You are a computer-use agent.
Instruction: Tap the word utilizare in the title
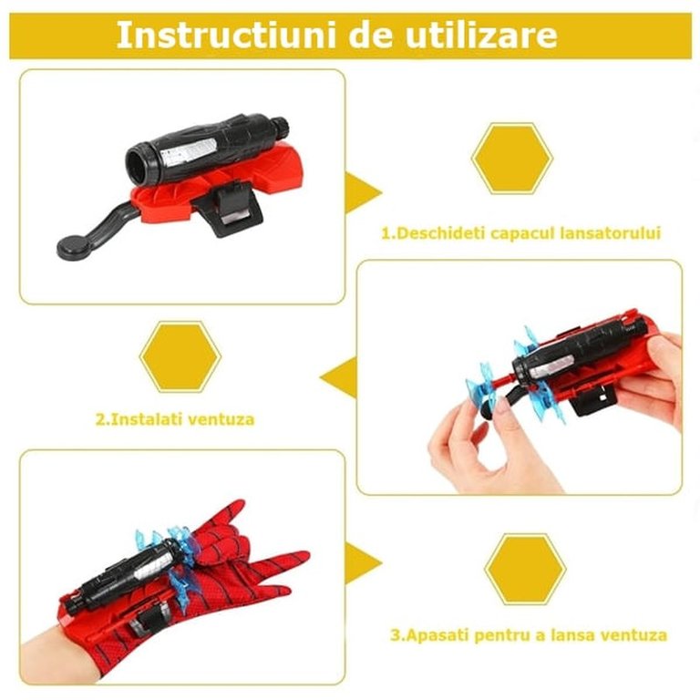(481, 35)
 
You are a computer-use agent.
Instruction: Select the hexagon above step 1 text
(512, 159)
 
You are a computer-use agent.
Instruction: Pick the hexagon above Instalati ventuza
(180, 356)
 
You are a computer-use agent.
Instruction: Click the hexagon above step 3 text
(525, 569)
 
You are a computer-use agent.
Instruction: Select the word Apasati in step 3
(437, 634)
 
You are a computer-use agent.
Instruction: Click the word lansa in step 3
(572, 634)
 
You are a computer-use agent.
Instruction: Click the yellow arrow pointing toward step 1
(364, 193)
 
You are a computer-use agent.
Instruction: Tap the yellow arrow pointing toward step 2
(338, 377)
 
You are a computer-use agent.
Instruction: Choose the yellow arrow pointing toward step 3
(364, 563)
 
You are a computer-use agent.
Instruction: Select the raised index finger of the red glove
(227, 513)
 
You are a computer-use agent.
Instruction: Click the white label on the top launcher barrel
(189, 150)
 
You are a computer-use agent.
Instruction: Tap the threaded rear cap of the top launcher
(281, 128)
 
